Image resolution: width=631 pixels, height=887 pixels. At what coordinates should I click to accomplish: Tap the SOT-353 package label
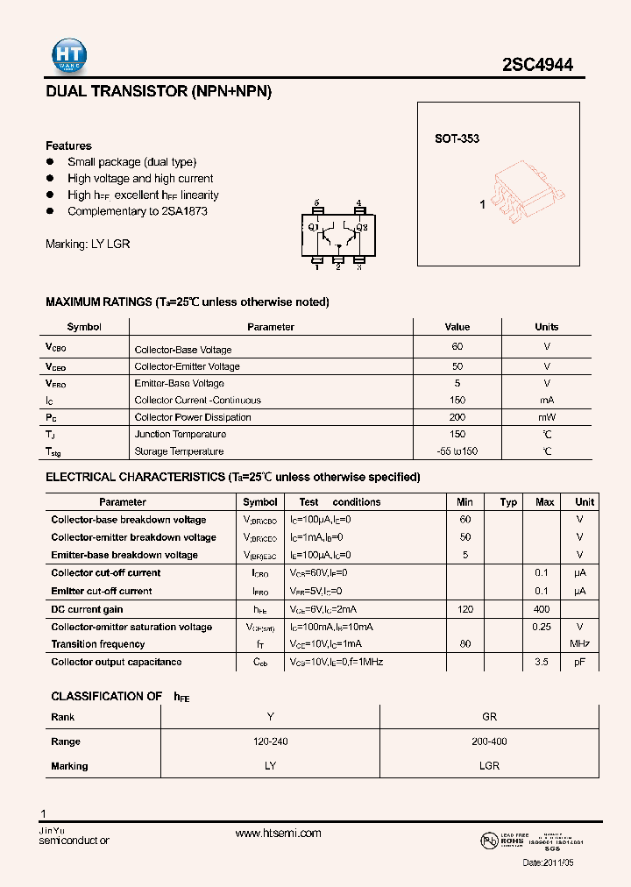coord(457,138)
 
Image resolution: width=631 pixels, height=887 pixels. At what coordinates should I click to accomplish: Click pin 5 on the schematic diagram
coord(316,207)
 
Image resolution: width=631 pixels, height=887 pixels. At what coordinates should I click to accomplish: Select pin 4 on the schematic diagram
coord(358,207)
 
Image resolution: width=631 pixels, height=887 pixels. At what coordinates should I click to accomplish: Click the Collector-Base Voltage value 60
coord(457,347)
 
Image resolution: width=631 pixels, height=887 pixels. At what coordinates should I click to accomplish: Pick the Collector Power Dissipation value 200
coord(457,417)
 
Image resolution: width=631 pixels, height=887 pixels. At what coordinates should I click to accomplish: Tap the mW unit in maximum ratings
coord(547,417)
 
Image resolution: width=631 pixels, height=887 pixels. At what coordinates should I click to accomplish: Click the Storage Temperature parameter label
coord(179,451)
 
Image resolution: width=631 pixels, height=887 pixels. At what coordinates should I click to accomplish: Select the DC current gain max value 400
coord(542,609)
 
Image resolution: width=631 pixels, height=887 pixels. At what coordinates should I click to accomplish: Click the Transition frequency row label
coord(98,644)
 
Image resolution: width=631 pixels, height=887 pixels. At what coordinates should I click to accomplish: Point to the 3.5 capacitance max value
coord(542,662)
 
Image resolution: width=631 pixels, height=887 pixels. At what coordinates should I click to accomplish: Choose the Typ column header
coord(508,502)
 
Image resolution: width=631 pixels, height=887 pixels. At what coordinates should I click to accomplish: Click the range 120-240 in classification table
coord(270,742)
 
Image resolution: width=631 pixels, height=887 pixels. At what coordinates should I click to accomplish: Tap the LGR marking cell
coord(489,766)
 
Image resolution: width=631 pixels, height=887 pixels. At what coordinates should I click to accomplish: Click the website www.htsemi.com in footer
coord(278,834)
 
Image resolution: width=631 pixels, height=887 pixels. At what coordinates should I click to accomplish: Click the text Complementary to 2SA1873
coord(138,212)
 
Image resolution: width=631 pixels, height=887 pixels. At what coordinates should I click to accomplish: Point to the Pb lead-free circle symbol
coord(488,841)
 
